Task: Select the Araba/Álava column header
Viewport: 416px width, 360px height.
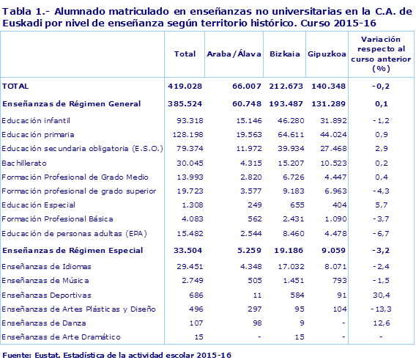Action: (230, 55)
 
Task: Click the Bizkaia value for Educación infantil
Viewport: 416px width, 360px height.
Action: (282, 120)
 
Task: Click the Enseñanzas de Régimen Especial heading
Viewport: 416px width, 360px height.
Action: (70, 250)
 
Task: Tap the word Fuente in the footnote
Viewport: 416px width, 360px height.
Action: (16, 355)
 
